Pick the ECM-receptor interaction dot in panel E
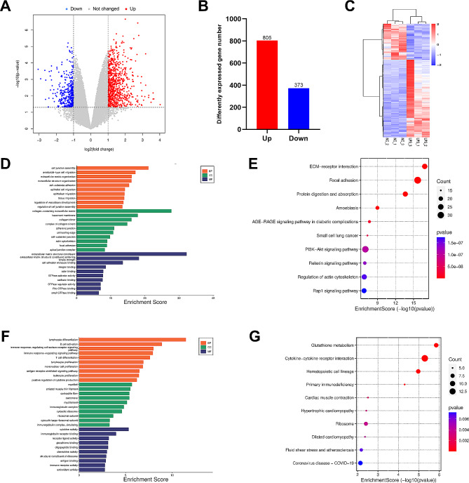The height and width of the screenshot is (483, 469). click(x=425, y=166)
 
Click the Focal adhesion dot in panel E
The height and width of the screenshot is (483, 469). click(x=417, y=180)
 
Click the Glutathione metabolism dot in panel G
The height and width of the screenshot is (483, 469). click(x=436, y=345)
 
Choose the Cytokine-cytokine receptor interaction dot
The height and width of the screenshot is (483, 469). click(x=424, y=359)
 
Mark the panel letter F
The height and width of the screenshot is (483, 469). click(x=7, y=326)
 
